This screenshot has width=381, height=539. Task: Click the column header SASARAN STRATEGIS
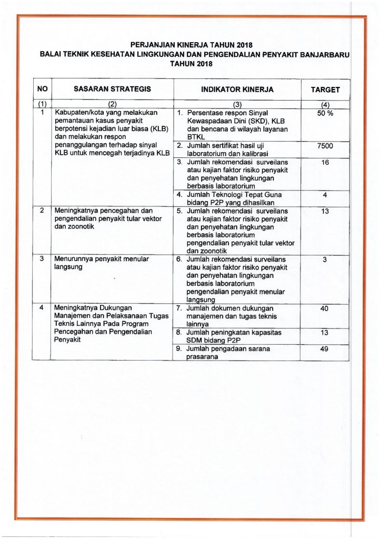pos(112,89)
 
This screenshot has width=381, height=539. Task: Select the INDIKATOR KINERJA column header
pos(237,90)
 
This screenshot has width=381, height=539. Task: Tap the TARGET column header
pos(325,90)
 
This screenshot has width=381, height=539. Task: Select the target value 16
pos(325,163)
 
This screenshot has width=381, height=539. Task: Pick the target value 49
pos(325,349)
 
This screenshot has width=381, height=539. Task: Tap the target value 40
pos(325,309)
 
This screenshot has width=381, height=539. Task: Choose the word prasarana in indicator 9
pos(203,357)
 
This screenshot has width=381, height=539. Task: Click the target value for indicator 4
pos(325,195)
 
